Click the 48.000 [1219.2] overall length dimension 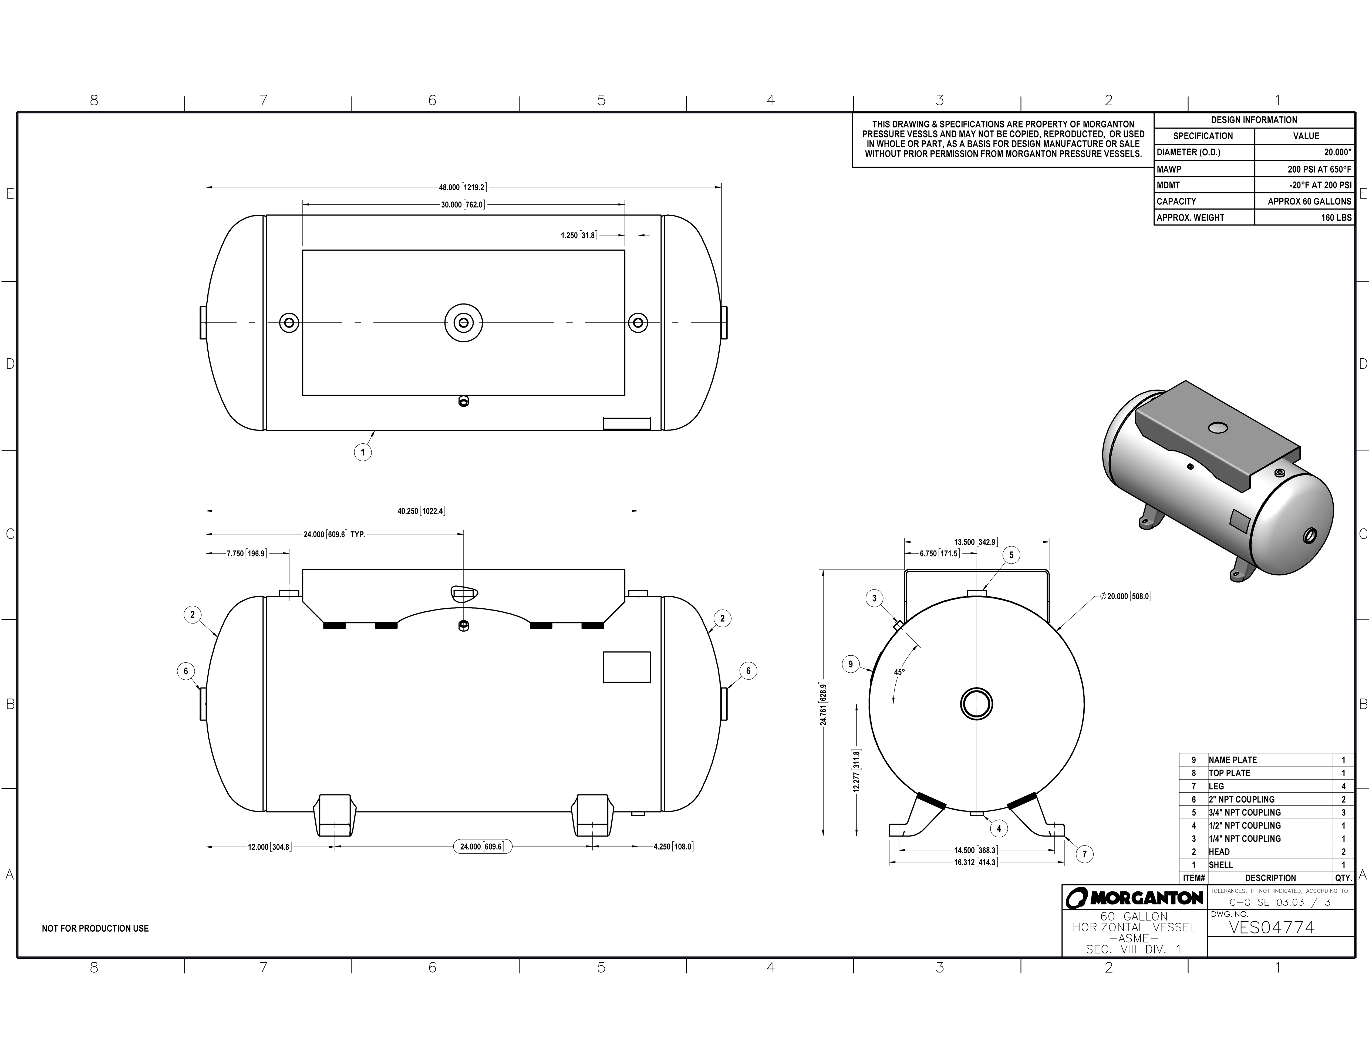point(463,187)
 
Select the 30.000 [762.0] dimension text point(463,205)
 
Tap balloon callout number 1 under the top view point(362,452)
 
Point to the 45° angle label point(899,672)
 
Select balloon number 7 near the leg point(1084,854)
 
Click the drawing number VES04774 point(1271,927)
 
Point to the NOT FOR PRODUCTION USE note point(95,928)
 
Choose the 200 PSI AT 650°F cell point(1320,169)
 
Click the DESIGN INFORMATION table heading point(1254,120)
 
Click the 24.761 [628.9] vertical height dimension point(823,703)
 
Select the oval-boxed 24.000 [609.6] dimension point(481,847)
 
